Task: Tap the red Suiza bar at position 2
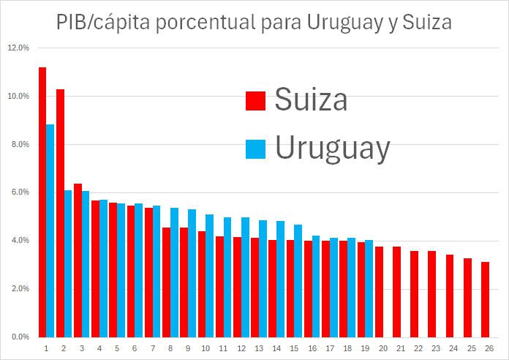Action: click(x=60, y=212)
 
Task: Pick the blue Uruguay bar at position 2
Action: click(x=68, y=263)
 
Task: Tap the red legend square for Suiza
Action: click(x=255, y=101)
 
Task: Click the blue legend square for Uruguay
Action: click(x=255, y=149)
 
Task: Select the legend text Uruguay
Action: click(x=332, y=148)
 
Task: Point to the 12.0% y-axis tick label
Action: click(x=18, y=48)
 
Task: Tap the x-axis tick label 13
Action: click(x=260, y=348)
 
